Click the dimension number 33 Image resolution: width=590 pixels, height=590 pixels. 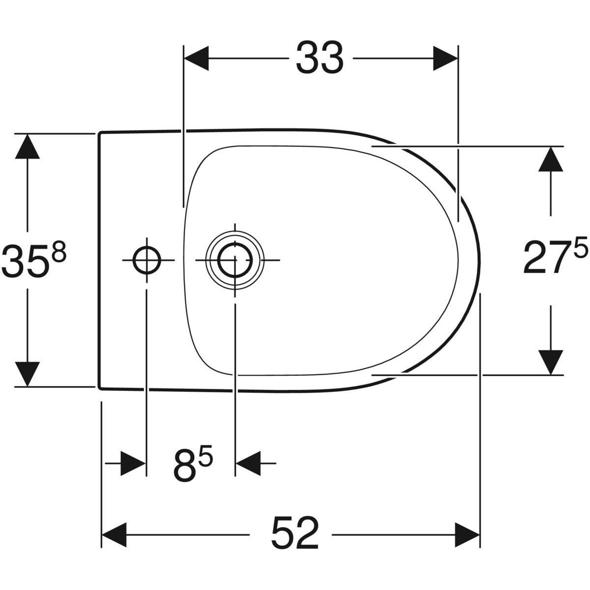tap(320, 59)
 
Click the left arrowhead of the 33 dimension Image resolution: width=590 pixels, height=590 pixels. tap(196, 59)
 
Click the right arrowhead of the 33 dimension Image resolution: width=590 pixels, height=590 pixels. tap(445, 59)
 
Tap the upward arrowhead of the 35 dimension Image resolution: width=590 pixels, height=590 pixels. tap(27, 146)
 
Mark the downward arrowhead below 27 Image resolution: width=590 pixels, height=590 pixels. tap(551, 362)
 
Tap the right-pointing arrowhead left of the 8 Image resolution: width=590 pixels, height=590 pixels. tap(133, 464)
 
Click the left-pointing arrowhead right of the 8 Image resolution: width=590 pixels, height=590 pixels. tap(248, 464)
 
